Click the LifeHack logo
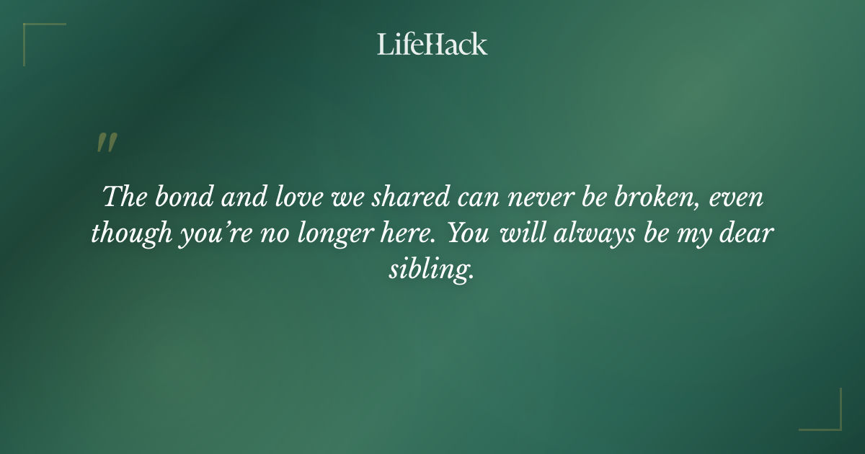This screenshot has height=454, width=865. (432, 44)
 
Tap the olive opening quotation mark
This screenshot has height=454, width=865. (106, 143)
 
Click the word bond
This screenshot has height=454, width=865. (174, 197)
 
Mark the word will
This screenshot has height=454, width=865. (517, 234)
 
